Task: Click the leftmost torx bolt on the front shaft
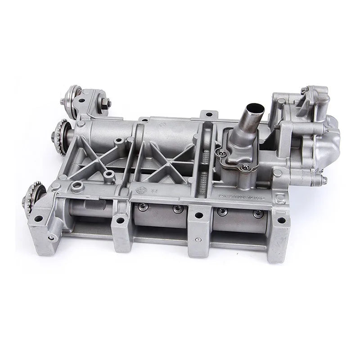143,207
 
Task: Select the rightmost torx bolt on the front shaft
257,213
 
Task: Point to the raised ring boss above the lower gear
76,186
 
